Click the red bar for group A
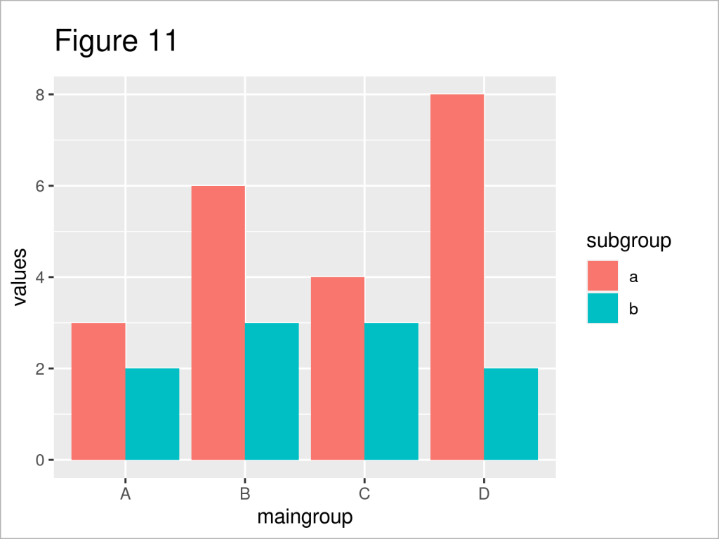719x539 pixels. [x=98, y=392]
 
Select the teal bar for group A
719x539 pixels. [x=152, y=414]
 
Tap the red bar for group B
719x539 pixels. [x=218, y=323]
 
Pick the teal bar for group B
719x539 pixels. [x=272, y=392]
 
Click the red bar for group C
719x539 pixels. [x=337, y=368]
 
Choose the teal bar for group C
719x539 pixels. [x=391, y=392]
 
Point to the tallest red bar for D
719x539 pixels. [x=456, y=277]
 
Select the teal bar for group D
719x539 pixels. [x=510, y=414]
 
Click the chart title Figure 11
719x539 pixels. [x=117, y=42]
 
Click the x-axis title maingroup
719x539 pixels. [x=305, y=518]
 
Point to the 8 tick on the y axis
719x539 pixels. [x=41, y=95]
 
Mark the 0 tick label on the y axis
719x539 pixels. [x=41, y=460]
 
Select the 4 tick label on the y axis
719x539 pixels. [x=41, y=277]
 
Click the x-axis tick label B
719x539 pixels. [x=244, y=494]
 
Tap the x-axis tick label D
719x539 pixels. [x=484, y=494]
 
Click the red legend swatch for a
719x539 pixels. [x=602, y=277]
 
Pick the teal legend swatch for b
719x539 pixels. [x=602, y=308]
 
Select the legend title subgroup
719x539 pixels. [x=628, y=241]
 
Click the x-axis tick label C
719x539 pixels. [x=364, y=494]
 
